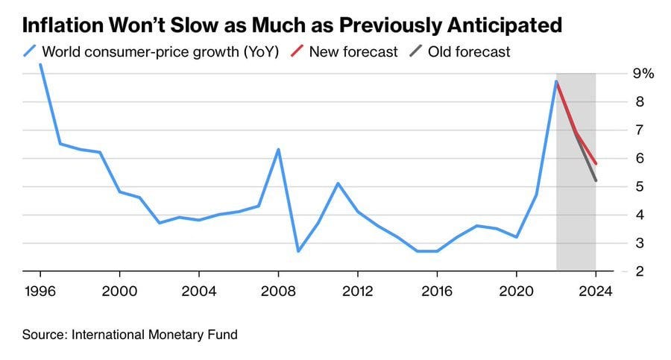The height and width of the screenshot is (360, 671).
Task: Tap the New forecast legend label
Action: coord(353,52)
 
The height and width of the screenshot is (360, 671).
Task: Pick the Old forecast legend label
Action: coord(470,52)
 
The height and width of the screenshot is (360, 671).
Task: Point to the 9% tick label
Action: coord(643,74)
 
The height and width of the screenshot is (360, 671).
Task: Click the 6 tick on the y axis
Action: coord(638,159)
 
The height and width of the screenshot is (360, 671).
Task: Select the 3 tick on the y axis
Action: coord(638,244)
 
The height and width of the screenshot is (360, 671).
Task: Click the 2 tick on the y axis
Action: coord(638,272)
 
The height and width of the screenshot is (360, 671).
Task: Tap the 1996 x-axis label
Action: coord(40,292)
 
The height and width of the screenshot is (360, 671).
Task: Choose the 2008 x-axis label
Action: coord(278,292)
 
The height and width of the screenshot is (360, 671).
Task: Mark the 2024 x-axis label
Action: coord(596,292)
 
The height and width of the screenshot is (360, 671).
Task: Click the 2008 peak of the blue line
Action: coord(279,150)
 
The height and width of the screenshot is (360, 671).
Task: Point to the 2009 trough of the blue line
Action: coord(298,251)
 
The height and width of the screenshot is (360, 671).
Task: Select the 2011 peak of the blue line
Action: coord(338,183)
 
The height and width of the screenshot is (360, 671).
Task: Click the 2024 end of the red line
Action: coord(596,163)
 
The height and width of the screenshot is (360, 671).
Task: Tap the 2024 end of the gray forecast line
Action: coord(596,180)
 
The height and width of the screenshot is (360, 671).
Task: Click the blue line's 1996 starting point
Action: coord(40,65)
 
